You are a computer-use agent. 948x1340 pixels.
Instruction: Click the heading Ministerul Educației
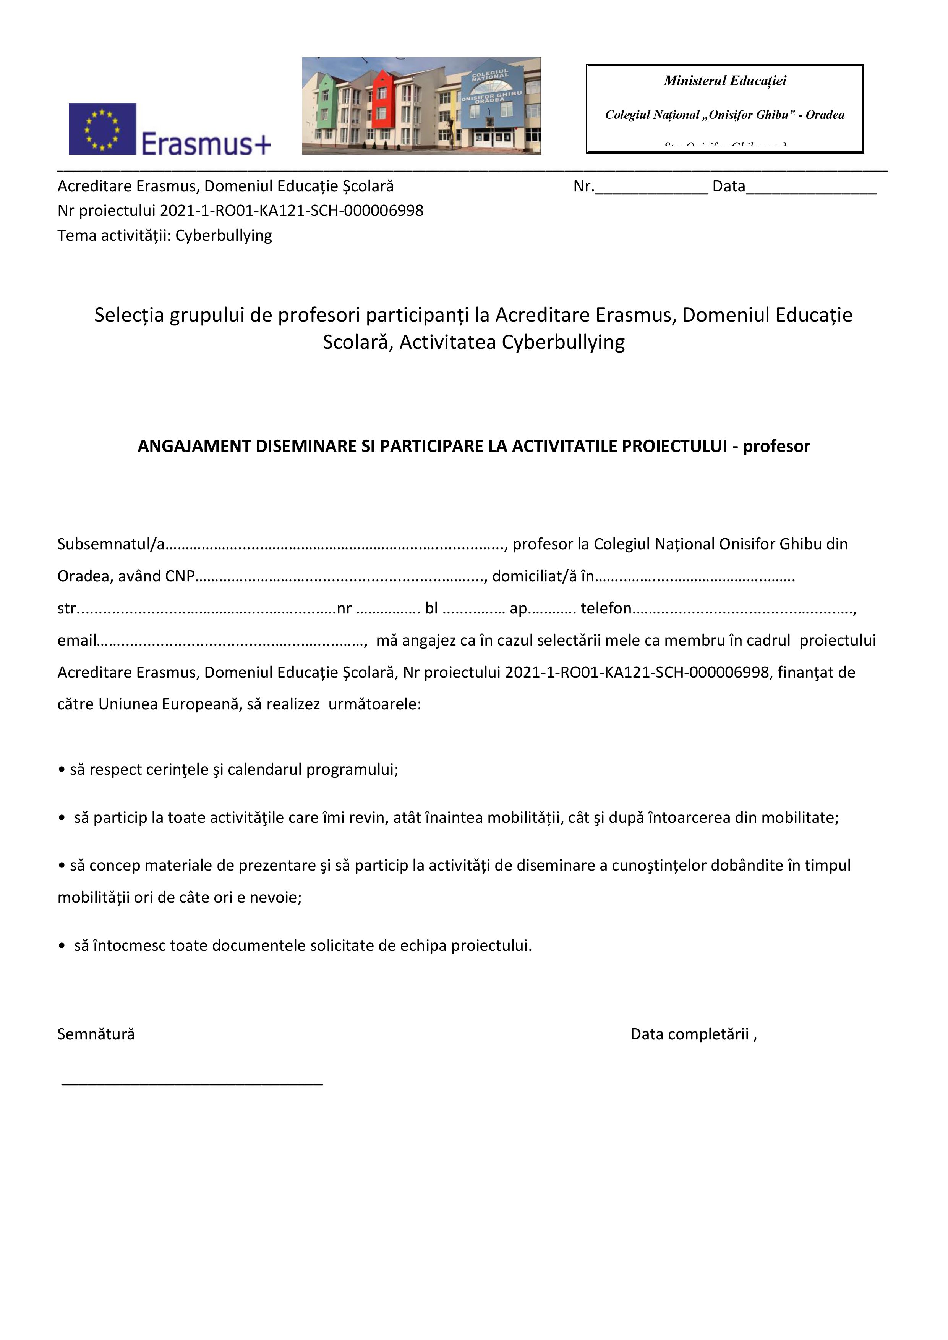pyautogui.click(x=724, y=81)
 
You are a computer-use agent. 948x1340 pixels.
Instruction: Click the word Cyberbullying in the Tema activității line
pyautogui.click(x=224, y=236)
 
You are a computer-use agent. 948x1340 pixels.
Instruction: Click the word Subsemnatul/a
pyautogui.click(x=111, y=545)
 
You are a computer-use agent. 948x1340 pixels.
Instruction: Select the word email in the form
pyautogui.click(x=76, y=641)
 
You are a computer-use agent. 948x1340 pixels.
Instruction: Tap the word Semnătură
pyautogui.click(x=96, y=1035)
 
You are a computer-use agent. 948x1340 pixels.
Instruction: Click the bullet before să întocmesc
pyautogui.click(x=62, y=946)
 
